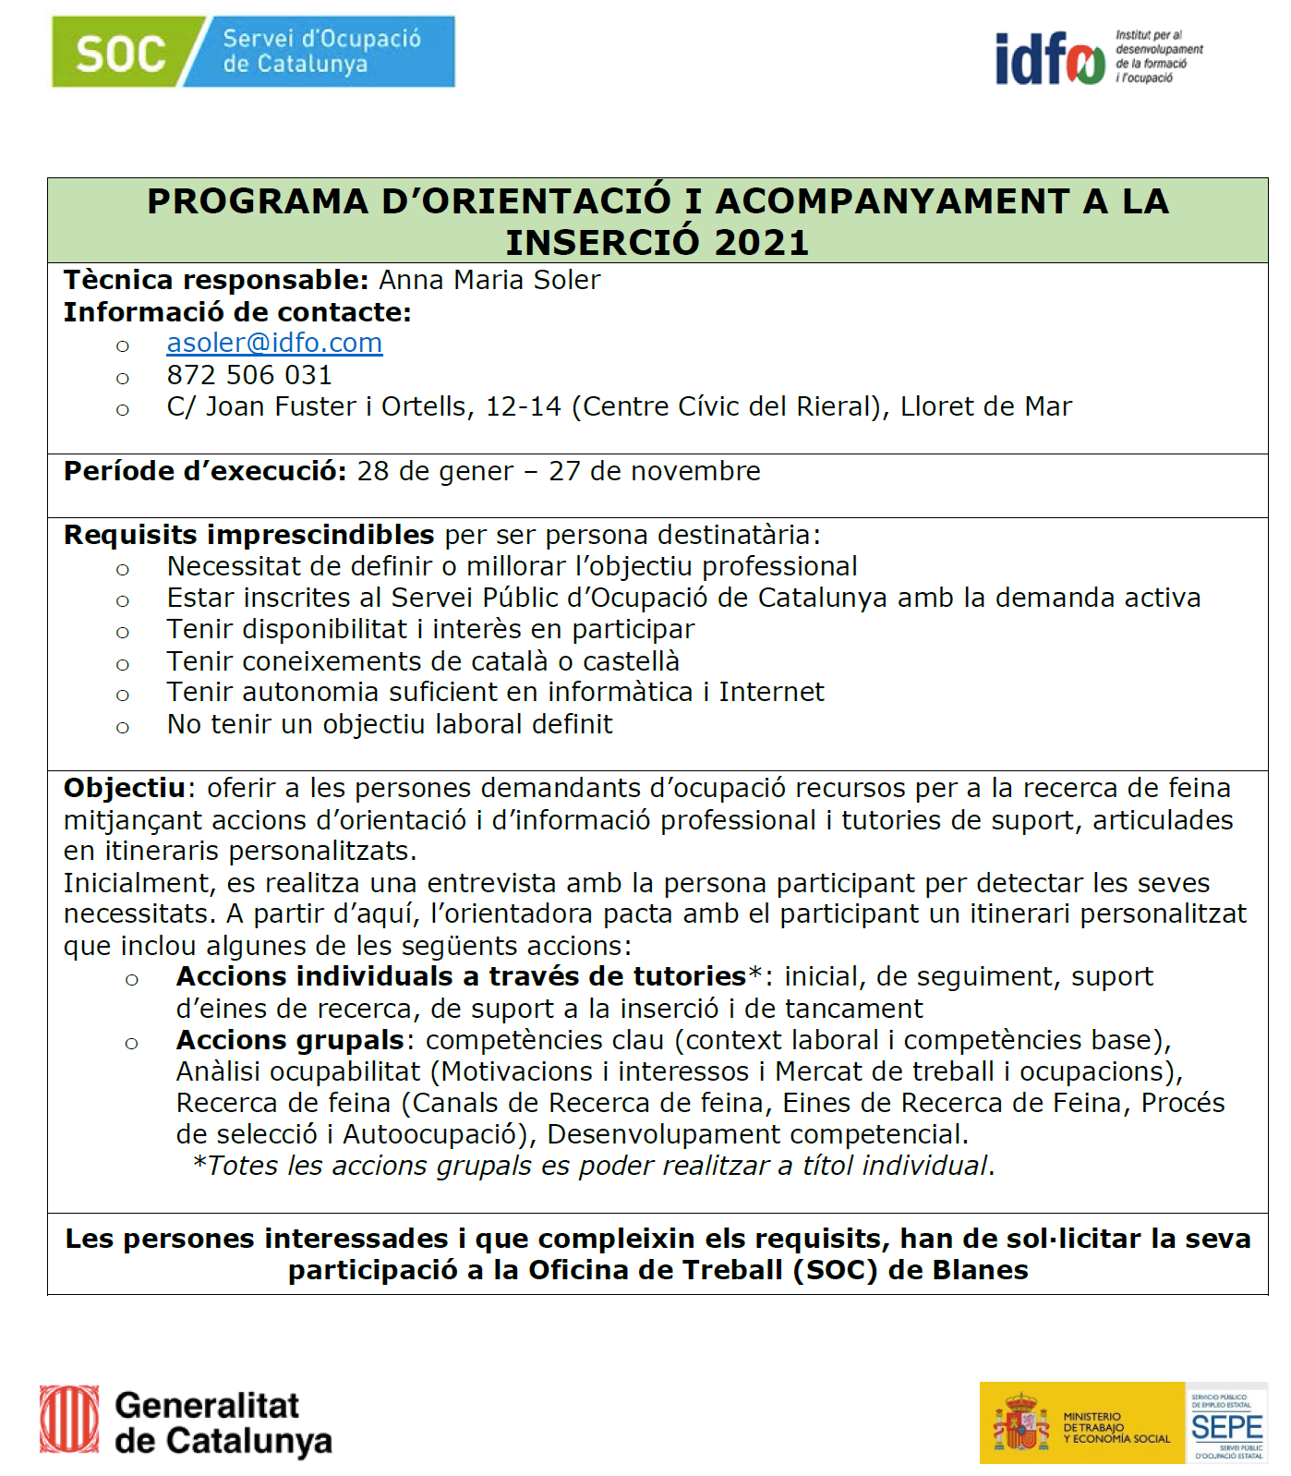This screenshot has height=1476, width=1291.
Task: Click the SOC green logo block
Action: click(120, 53)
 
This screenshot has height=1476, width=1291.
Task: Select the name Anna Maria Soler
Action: click(489, 280)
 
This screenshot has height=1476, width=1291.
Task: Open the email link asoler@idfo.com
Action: click(274, 343)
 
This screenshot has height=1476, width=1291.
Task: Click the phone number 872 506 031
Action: click(248, 375)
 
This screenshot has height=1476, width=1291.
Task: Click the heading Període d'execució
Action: click(204, 471)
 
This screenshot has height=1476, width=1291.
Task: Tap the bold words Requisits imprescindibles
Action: click(248, 535)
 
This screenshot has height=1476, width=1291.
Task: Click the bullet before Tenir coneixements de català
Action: click(123, 664)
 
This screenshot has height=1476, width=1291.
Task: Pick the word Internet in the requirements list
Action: click(771, 692)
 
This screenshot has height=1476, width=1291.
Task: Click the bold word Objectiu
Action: click(125, 788)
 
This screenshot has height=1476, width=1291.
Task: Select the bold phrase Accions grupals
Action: click(290, 1040)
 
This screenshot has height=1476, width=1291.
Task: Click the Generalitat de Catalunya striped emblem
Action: click(69, 1419)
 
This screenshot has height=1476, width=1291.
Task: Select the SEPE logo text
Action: click(1226, 1427)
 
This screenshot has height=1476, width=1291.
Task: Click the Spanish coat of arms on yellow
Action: click(1020, 1423)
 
